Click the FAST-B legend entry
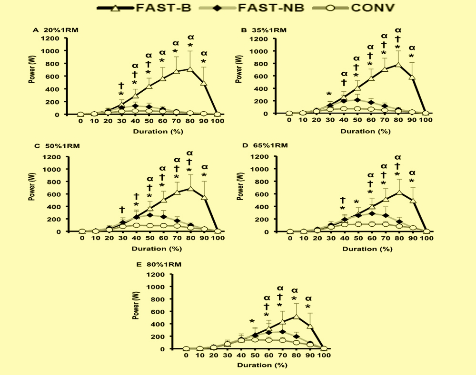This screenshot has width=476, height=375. tap(143, 8)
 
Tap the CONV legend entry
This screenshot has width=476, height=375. tap(360, 8)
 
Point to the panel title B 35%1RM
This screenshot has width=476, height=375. tap(264, 30)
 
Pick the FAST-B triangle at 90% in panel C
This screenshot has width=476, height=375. tap(205, 197)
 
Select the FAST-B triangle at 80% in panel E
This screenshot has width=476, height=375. tap(295, 317)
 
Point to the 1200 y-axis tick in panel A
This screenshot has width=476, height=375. tap(59, 38)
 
